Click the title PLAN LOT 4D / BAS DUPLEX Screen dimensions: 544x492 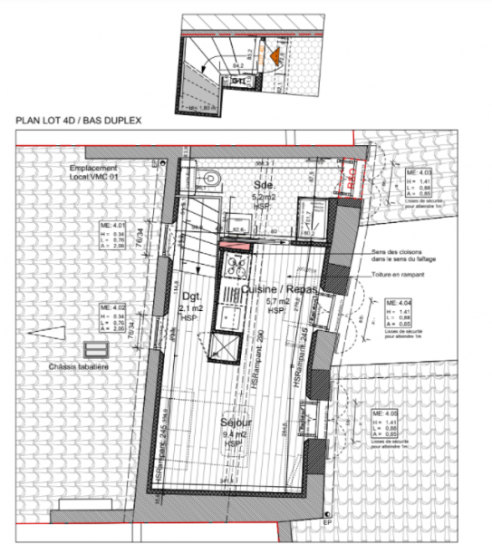[80, 120]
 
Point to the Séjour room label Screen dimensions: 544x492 [234, 423]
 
